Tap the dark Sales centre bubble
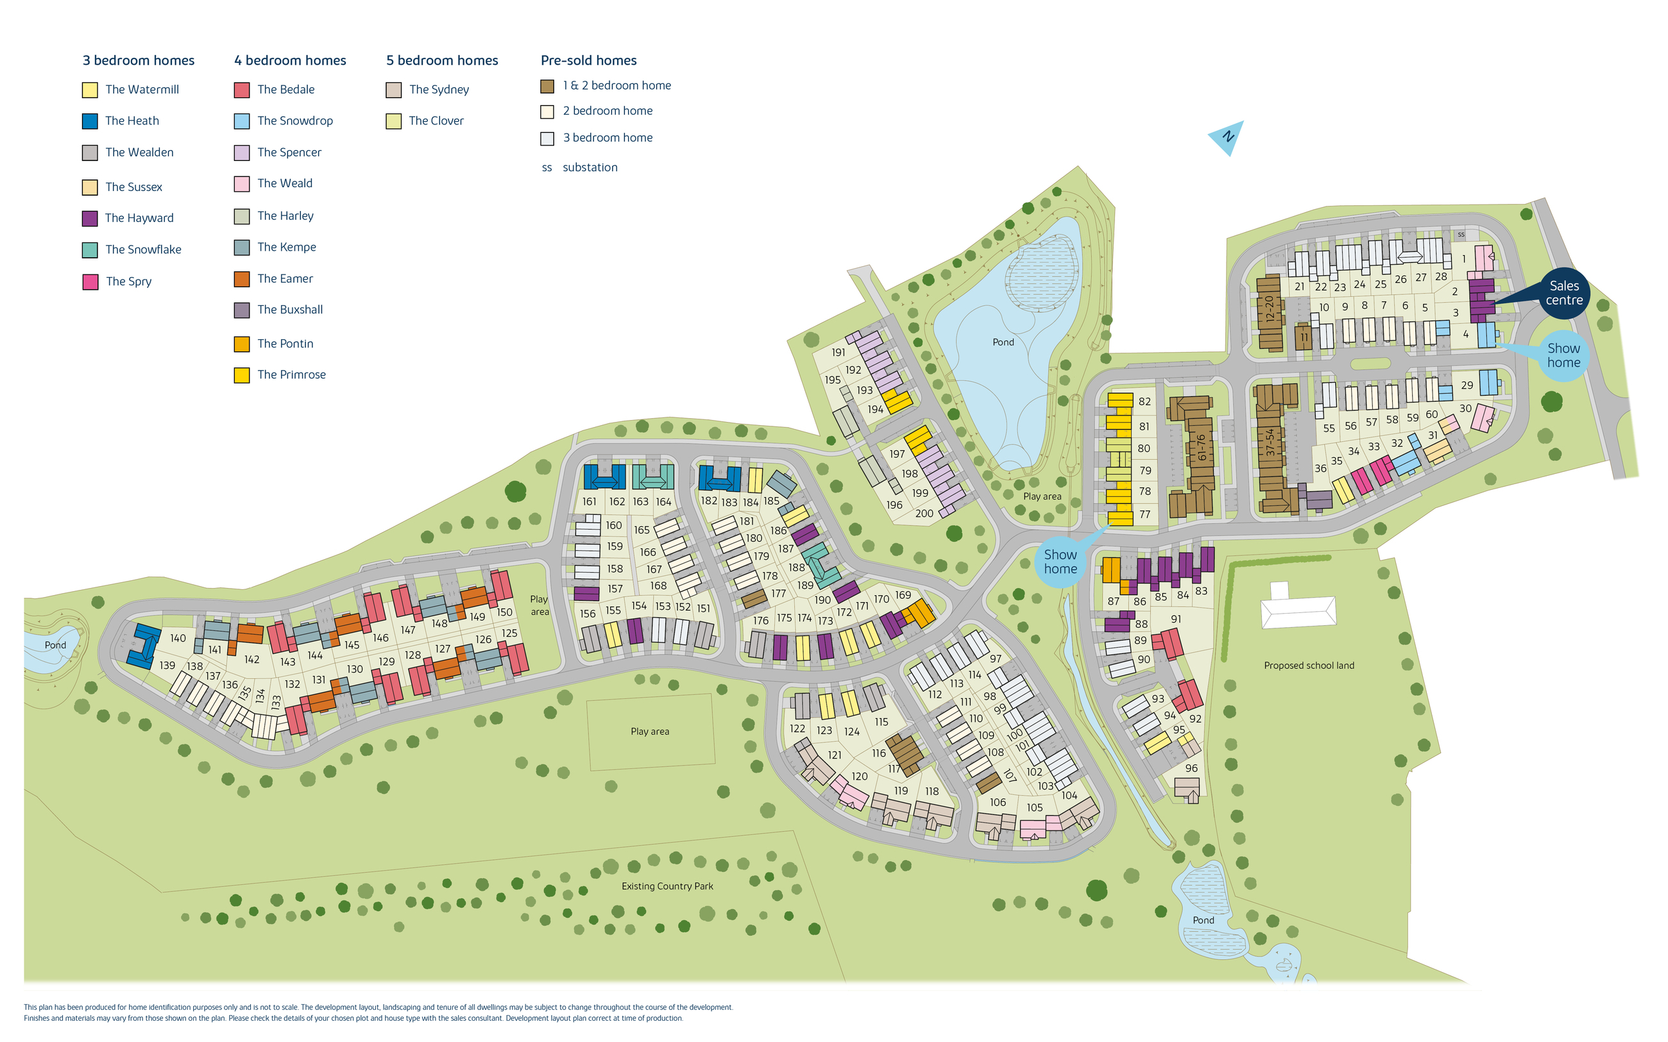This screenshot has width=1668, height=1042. (1563, 293)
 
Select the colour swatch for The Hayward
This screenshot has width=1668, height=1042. (90, 219)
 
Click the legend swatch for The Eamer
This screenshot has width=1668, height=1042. (241, 279)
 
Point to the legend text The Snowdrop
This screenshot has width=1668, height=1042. (295, 121)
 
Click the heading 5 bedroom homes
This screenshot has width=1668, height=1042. (442, 61)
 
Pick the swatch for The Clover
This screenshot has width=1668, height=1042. (393, 122)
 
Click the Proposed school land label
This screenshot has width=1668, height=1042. (1308, 666)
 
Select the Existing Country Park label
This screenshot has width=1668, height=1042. (667, 886)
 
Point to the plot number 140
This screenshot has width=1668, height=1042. (178, 639)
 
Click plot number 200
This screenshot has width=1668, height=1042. (924, 514)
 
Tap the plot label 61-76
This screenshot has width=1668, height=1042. (1202, 448)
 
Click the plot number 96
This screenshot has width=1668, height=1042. (1191, 768)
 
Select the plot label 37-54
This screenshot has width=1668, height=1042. (1270, 442)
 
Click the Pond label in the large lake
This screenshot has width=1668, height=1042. (1003, 342)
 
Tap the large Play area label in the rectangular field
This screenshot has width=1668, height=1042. (649, 732)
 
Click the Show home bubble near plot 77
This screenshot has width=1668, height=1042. (1060, 562)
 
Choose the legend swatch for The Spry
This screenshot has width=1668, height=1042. (90, 282)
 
